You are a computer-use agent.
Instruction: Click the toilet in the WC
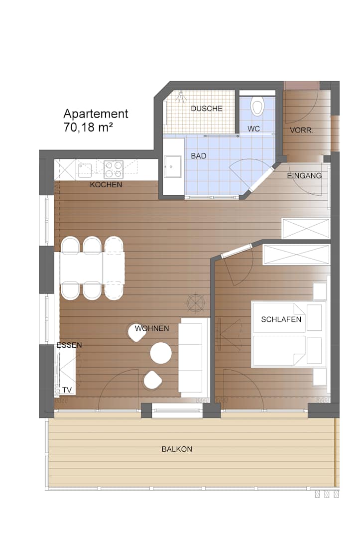tap(257, 106)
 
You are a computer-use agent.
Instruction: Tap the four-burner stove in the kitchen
tap(114, 169)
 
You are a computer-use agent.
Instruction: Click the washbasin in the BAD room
tap(173, 167)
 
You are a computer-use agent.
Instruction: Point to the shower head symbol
tap(181, 97)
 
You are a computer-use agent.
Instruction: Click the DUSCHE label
tap(207, 109)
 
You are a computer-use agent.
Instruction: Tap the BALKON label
tap(177, 449)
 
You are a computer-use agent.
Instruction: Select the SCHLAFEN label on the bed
tap(281, 319)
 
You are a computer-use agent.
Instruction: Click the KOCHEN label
tap(106, 185)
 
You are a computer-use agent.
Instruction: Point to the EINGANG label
tap(304, 176)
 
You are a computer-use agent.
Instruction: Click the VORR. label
tap(301, 131)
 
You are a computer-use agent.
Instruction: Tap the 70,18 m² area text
tap(88, 128)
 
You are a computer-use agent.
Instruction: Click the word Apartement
tap(96, 114)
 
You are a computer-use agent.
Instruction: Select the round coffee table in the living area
tap(161, 353)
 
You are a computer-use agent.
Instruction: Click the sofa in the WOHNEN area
tap(194, 357)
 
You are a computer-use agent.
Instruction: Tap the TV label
tap(67, 390)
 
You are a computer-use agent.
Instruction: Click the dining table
tap(92, 268)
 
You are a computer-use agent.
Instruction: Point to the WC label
tap(254, 129)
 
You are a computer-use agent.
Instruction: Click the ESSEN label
tap(69, 345)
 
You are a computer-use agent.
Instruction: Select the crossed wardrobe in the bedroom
tap(296, 254)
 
